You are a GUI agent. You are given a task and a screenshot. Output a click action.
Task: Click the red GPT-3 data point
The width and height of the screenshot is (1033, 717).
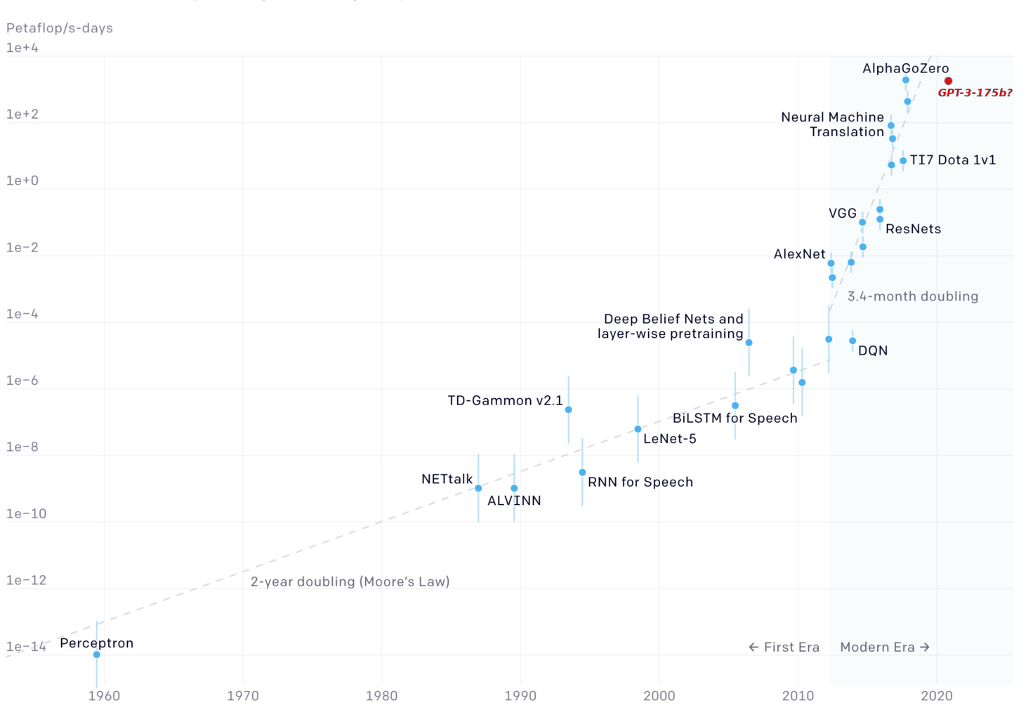coord(948,81)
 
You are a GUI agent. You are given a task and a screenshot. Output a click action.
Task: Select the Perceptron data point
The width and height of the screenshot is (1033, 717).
coord(97,654)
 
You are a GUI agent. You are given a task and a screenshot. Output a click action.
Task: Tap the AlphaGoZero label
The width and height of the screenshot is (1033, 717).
coord(905,68)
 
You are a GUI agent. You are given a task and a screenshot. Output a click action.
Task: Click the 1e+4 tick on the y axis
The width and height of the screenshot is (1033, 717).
coord(22,48)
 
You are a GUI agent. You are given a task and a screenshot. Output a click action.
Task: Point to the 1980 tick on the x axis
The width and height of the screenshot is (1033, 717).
coord(381,696)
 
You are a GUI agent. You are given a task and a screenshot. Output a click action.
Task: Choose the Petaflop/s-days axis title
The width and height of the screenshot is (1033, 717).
coord(60,28)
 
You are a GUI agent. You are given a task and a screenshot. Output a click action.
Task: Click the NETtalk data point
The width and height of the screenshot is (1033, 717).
coord(478,488)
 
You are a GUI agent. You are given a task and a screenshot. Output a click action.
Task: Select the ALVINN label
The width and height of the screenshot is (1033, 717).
coord(514,501)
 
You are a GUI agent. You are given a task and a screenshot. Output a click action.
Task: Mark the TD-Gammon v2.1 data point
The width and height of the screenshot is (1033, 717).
coord(568,409)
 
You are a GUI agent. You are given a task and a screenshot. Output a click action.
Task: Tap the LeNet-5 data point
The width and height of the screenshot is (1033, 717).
coord(638,429)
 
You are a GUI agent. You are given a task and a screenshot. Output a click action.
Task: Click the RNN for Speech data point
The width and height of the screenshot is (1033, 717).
coord(582,473)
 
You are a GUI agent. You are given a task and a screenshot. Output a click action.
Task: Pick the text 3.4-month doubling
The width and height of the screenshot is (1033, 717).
coord(912,296)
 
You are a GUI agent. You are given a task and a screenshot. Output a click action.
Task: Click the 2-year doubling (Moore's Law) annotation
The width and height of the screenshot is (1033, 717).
coord(350,581)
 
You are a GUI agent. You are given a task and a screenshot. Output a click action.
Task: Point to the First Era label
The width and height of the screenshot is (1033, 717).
coord(784,647)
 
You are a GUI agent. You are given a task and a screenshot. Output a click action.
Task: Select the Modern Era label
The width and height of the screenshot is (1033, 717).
coord(885,647)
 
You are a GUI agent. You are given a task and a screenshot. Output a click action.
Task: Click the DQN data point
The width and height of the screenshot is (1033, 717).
coord(853,341)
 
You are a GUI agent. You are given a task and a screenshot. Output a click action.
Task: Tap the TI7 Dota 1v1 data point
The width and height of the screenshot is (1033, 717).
coord(903,161)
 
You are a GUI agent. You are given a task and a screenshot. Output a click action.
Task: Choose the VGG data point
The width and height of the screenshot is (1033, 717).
coord(862,223)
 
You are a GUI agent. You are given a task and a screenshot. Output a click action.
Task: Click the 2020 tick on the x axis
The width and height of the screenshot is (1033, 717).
coord(937,696)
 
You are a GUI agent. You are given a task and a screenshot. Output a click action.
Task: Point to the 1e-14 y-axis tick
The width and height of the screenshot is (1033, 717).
coord(26,647)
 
